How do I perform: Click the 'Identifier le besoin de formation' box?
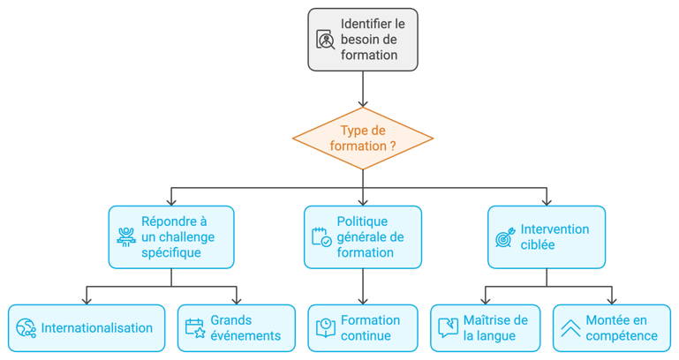tap(362, 40)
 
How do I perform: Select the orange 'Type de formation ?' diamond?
tap(363, 137)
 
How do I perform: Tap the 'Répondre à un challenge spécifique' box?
tap(171, 236)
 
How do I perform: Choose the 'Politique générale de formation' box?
tap(362, 236)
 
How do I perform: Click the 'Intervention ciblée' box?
tap(547, 236)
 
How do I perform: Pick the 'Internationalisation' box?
tap(87, 327)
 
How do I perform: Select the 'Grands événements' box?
tap(236, 327)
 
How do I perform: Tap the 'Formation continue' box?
tap(362, 327)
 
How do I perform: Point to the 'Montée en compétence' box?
tap(610, 327)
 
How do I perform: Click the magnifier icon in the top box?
tap(326, 41)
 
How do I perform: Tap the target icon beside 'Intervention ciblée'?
tap(505, 237)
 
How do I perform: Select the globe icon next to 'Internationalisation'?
tap(26, 328)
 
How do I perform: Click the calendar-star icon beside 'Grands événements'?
tap(195, 328)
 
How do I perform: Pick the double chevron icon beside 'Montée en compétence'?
tap(570, 328)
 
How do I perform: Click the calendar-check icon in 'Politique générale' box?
tap(321, 237)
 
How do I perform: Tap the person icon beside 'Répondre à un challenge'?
tap(126, 237)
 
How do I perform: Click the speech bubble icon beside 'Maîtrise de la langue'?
tap(449, 328)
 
